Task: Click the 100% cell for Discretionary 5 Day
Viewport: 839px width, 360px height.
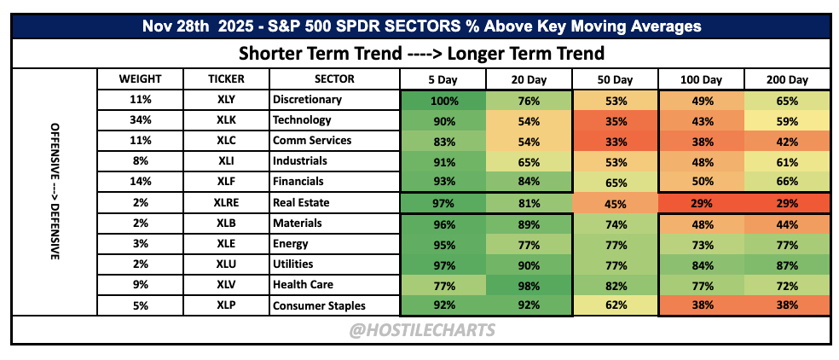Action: tap(443, 100)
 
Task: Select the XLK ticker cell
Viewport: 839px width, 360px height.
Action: tap(226, 120)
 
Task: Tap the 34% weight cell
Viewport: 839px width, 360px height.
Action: tap(140, 120)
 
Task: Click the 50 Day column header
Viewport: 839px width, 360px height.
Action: tap(616, 80)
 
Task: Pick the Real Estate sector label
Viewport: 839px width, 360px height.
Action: tap(301, 202)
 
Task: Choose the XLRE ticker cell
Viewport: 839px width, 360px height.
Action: tap(226, 202)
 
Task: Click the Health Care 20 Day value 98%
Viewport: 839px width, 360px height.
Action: tap(529, 284)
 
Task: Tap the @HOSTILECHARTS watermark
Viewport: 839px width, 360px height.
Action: tap(422, 330)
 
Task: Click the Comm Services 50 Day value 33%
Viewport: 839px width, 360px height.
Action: tap(616, 141)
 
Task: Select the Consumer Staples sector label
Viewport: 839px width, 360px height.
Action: tap(320, 305)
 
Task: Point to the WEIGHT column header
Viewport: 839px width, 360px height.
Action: tap(140, 79)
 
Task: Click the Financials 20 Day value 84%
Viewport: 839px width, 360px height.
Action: tap(529, 182)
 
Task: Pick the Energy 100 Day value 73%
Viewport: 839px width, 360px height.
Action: tap(702, 244)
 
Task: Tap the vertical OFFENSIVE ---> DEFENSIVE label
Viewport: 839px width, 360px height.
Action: tap(55, 192)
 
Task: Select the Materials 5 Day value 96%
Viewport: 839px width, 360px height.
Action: tap(443, 224)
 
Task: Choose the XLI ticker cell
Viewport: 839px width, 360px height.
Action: tap(226, 161)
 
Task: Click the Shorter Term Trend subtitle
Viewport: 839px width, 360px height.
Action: tap(422, 54)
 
